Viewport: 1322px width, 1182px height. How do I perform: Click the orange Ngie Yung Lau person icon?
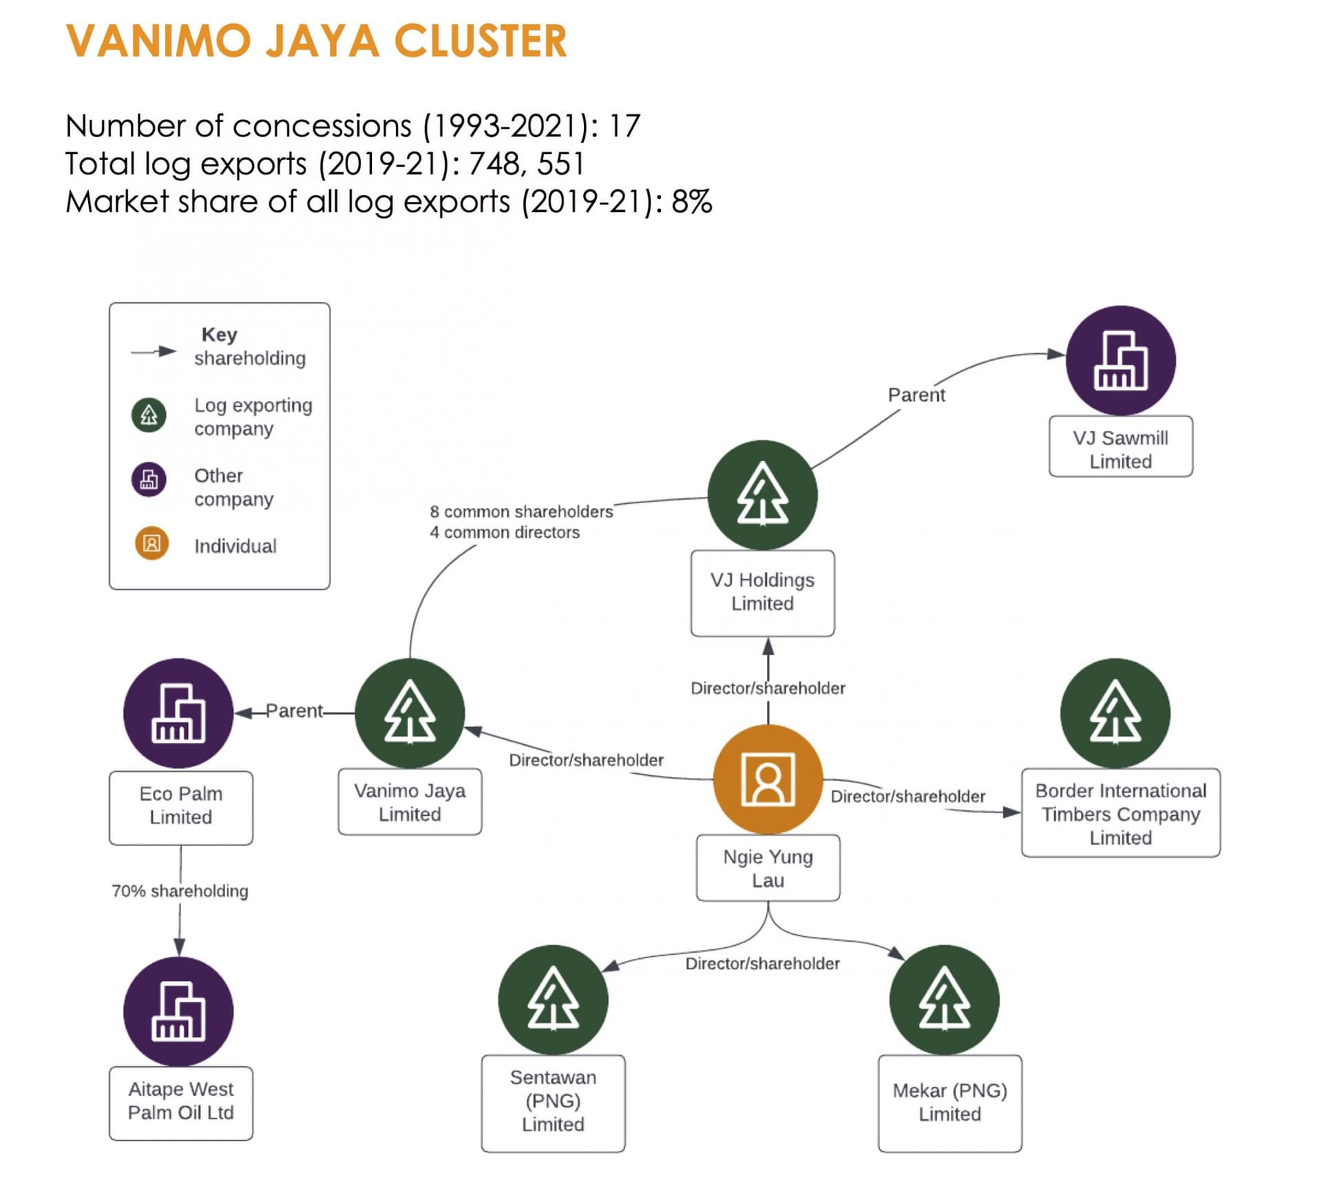(x=768, y=779)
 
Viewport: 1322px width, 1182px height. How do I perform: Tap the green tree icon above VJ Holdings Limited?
(x=762, y=494)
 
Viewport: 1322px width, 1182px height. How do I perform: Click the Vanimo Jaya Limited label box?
(x=410, y=802)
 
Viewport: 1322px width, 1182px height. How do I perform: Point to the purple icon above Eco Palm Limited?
(x=178, y=713)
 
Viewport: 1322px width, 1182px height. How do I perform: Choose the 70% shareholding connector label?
(x=180, y=891)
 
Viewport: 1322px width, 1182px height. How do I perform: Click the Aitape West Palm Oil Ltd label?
(x=180, y=1101)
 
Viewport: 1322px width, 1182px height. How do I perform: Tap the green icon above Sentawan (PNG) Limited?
(x=553, y=999)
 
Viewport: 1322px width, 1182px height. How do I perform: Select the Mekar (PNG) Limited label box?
(x=949, y=1102)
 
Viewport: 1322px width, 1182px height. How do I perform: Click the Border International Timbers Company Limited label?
(x=1120, y=814)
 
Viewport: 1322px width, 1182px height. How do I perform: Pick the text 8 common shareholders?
(x=521, y=511)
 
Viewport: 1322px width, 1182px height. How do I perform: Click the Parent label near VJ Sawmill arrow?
(x=916, y=395)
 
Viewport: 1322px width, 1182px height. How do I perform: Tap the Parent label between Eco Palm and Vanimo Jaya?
(x=294, y=710)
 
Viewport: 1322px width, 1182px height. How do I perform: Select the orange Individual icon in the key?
(x=151, y=544)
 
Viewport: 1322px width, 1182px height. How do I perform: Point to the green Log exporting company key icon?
(x=149, y=415)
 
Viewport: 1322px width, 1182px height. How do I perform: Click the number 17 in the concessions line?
(x=625, y=126)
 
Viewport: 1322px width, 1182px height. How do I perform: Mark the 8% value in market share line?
(x=691, y=202)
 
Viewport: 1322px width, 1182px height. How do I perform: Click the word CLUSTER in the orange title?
(x=480, y=41)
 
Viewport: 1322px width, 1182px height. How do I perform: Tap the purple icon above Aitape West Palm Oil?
(x=178, y=1011)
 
